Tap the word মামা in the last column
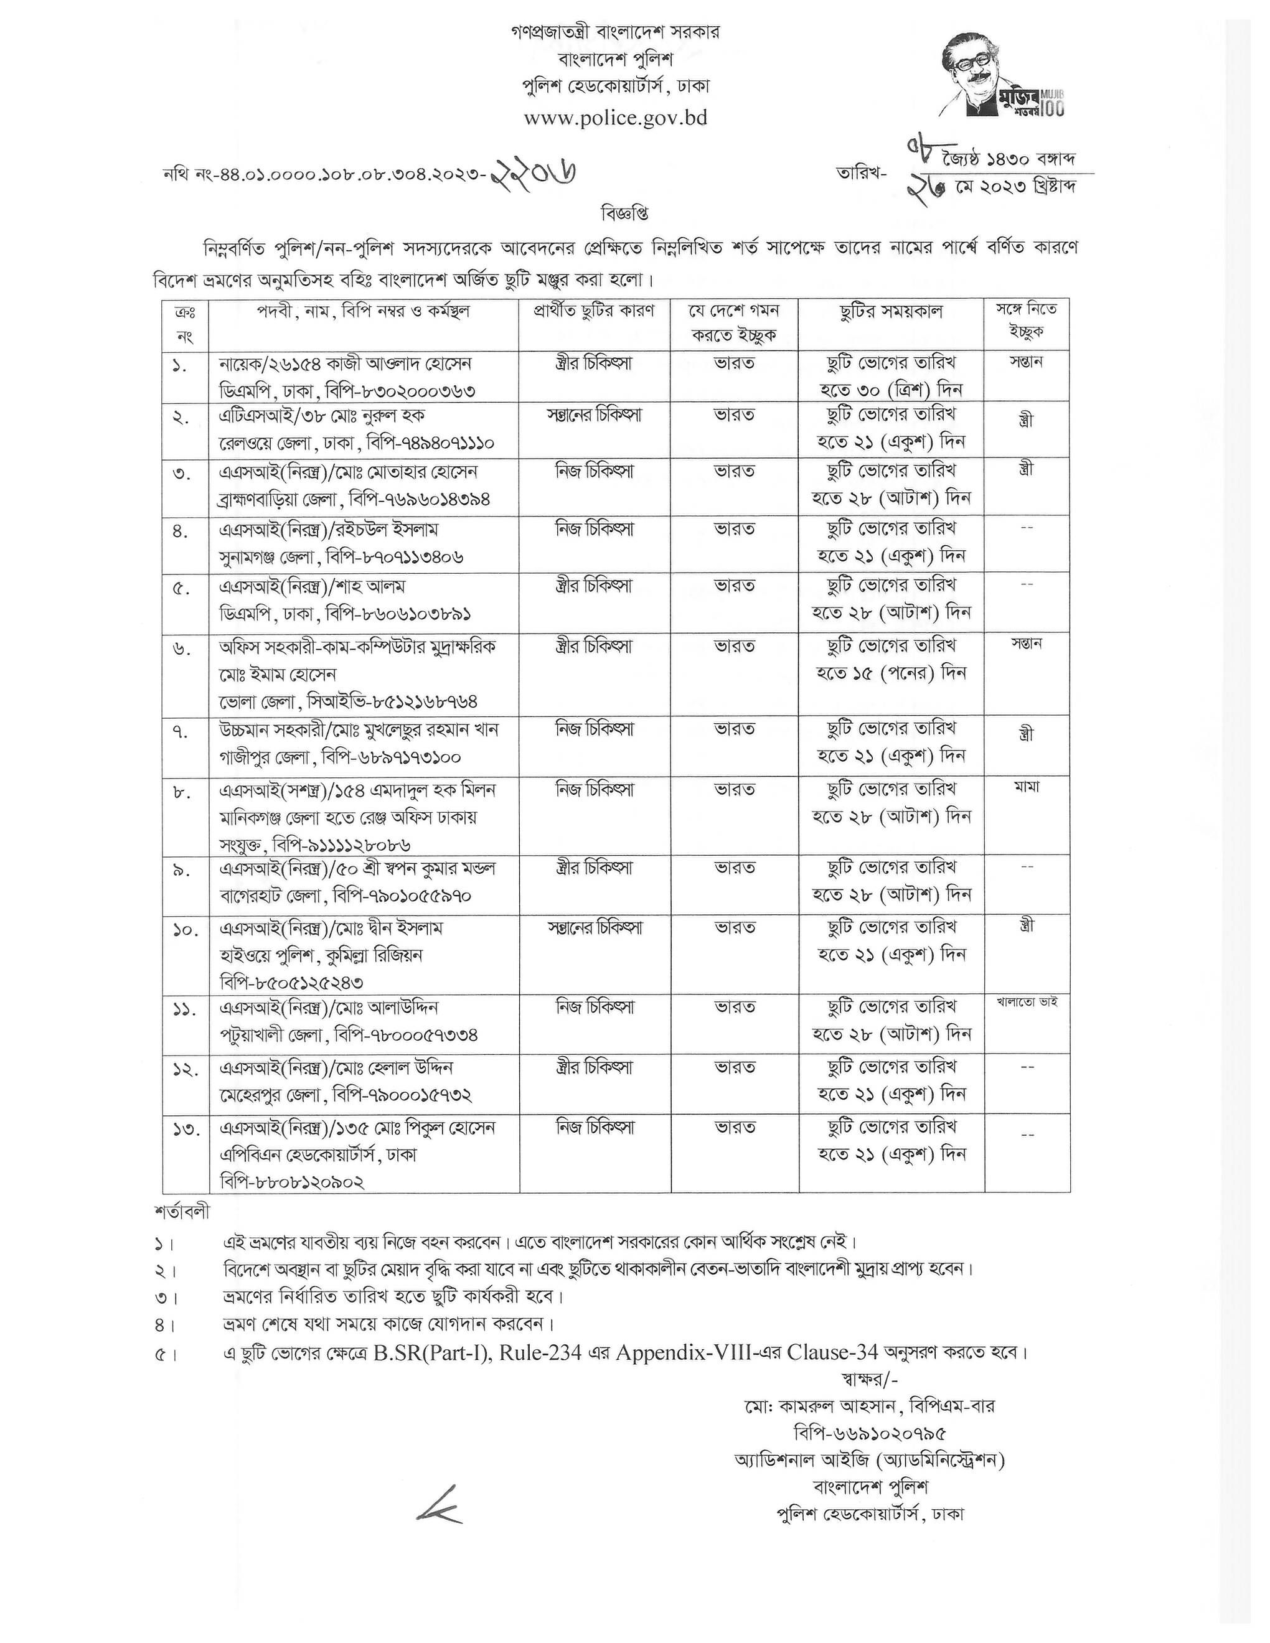[x=1027, y=787]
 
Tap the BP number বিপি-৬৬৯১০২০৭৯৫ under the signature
[x=870, y=1433]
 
